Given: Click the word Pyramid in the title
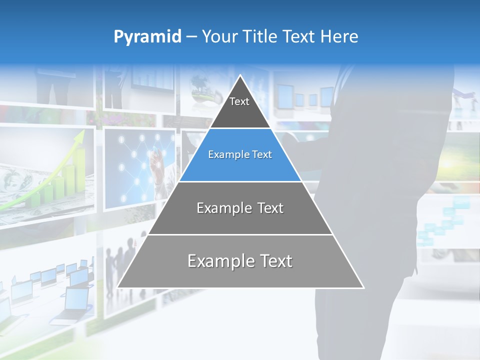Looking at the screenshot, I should click(x=147, y=37).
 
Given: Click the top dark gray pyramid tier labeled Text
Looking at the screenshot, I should click(x=240, y=107).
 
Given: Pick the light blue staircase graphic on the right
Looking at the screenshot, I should click(x=445, y=220).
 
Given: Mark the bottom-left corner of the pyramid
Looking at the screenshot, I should click(x=118, y=287).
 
